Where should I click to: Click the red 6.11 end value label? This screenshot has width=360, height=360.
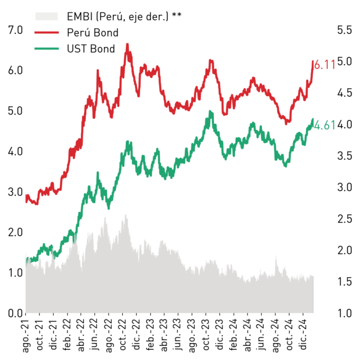click(x=325, y=65)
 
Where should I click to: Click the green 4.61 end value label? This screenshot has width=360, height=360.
click(x=325, y=125)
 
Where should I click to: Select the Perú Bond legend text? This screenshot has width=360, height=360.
click(x=92, y=33)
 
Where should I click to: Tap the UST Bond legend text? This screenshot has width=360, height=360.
click(x=91, y=49)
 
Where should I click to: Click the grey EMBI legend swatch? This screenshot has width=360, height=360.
click(x=46, y=16)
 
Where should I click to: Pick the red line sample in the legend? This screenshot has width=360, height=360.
click(x=47, y=33)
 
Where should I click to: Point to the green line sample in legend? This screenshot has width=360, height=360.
click(x=47, y=49)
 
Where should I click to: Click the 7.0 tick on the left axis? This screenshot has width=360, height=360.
click(x=15, y=30)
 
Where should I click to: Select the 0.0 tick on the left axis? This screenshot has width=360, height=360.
click(x=15, y=313)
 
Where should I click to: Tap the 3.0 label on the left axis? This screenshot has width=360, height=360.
click(x=15, y=192)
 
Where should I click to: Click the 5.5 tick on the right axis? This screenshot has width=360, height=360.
click(x=344, y=30)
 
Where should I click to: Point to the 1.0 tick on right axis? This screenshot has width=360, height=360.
click(x=344, y=313)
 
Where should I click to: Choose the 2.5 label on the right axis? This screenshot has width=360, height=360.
click(x=344, y=219)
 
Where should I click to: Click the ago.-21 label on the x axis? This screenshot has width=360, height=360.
click(x=26, y=335)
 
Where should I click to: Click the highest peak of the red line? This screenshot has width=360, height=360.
click(x=128, y=44)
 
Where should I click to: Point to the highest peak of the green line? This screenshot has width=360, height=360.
click(x=210, y=111)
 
